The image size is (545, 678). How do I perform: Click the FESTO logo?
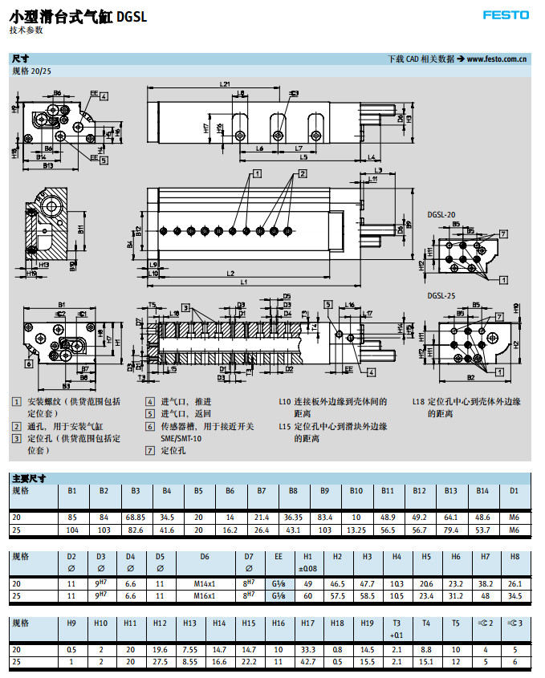(x=506, y=14)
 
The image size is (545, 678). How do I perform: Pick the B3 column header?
(x=136, y=489)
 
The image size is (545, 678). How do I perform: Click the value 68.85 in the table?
(x=136, y=518)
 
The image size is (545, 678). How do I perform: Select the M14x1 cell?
(x=205, y=583)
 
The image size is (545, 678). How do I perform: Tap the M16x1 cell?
(x=205, y=595)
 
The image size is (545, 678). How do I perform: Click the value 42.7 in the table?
(x=306, y=660)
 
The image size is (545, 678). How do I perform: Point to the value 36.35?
(x=293, y=518)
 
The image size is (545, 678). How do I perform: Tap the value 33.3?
(x=306, y=649)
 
